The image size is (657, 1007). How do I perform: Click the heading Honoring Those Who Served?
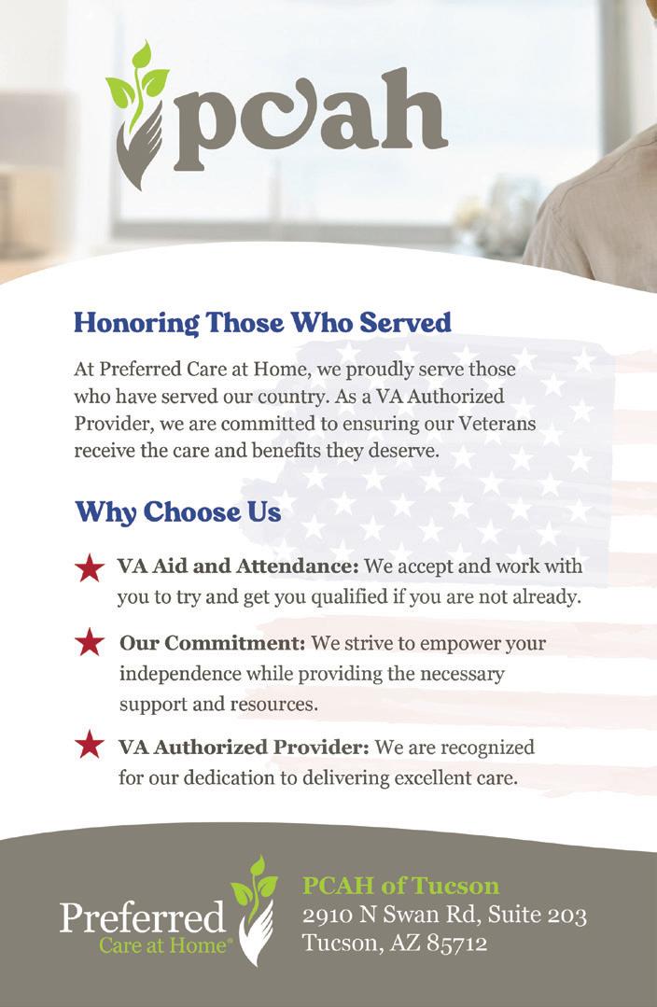262,323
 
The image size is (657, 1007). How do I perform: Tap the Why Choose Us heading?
177,511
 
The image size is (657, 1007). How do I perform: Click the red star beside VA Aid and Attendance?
89,567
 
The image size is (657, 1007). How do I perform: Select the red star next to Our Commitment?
89,642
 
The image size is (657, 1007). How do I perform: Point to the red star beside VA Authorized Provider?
89,745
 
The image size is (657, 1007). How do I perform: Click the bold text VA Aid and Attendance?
238,566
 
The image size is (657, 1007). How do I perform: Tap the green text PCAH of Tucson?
400,885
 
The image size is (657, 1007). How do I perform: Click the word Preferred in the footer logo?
142,917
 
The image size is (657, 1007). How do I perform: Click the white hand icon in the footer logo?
255,933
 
